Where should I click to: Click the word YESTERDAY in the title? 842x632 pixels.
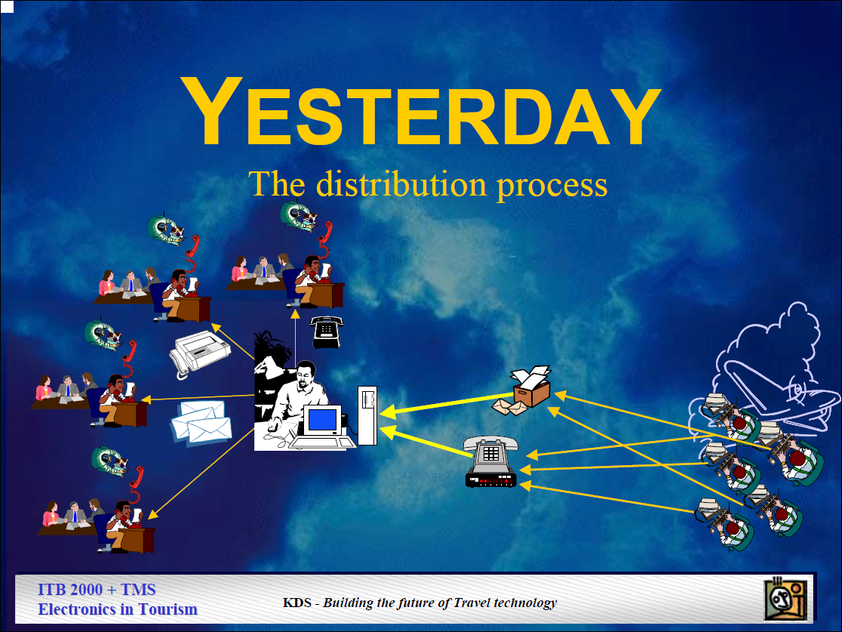(421, 111)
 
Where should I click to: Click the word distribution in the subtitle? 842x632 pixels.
(401, 183)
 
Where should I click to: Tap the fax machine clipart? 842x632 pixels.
(200, 353)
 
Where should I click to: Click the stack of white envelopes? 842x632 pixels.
(201, 424)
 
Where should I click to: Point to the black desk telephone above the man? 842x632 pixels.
(326, 331)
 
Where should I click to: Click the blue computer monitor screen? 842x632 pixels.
(322, 419)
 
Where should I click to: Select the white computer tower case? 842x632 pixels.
(367, 415)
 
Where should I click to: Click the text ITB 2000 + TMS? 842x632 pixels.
(97, 590)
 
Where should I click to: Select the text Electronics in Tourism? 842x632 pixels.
(118, 609)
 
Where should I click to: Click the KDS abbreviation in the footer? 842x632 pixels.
(297, 603)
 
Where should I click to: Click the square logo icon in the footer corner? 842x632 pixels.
(785, 598)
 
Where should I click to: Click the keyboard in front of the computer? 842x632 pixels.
(322, 442)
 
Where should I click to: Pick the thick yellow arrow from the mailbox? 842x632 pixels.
(446, 404)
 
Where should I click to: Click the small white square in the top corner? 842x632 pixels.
(7, 7)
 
